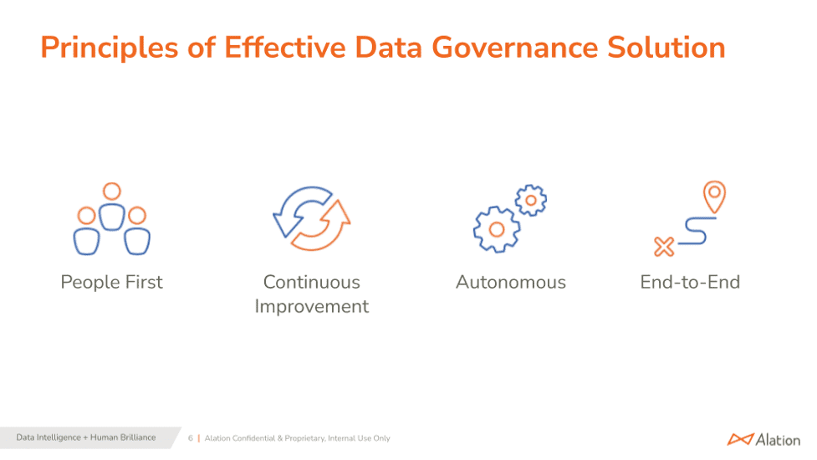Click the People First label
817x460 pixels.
pos(112,282)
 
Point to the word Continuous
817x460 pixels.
pos(311,282)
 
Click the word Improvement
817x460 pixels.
pos(311,306)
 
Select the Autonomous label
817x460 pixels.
pos(510,282)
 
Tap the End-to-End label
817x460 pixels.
pos(690,282)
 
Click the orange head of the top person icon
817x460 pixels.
pos(112,192)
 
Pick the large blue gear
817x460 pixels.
pos(496,228)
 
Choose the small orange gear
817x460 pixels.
pos(531,201)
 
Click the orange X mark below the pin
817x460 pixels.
pos(664,246)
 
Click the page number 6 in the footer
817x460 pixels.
pos(190,438)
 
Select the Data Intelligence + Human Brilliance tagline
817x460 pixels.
pos(85,437)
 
